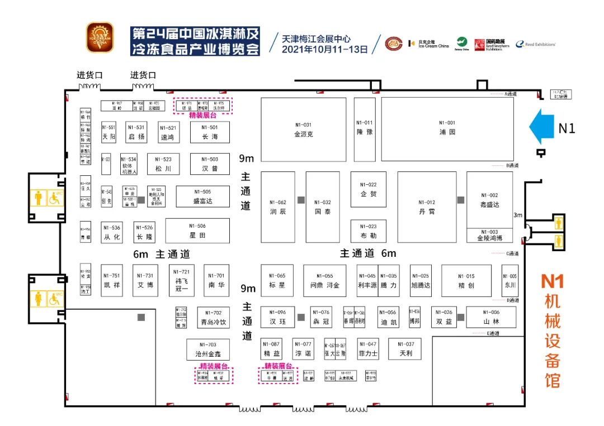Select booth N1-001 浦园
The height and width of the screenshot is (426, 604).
(447, 128)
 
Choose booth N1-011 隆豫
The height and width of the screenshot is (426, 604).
(364, 130)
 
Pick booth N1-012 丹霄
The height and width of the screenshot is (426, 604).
(426, 207)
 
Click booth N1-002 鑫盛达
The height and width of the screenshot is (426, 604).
(489, 200)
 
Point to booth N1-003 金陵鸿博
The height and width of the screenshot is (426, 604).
(489, 235)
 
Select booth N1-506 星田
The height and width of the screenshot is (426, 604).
(197, 231)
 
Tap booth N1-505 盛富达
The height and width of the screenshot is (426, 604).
(202, 197)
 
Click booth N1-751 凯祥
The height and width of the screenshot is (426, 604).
(112, 280)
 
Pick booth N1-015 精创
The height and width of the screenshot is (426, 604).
(466, 280)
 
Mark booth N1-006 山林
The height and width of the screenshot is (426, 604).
(492, 317)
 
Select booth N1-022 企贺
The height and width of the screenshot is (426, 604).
(368, 189)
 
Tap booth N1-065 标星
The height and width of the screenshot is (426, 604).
(277, 280)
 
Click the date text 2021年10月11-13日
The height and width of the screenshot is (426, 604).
(325, 49)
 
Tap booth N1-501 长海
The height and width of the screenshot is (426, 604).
(210, 132)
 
